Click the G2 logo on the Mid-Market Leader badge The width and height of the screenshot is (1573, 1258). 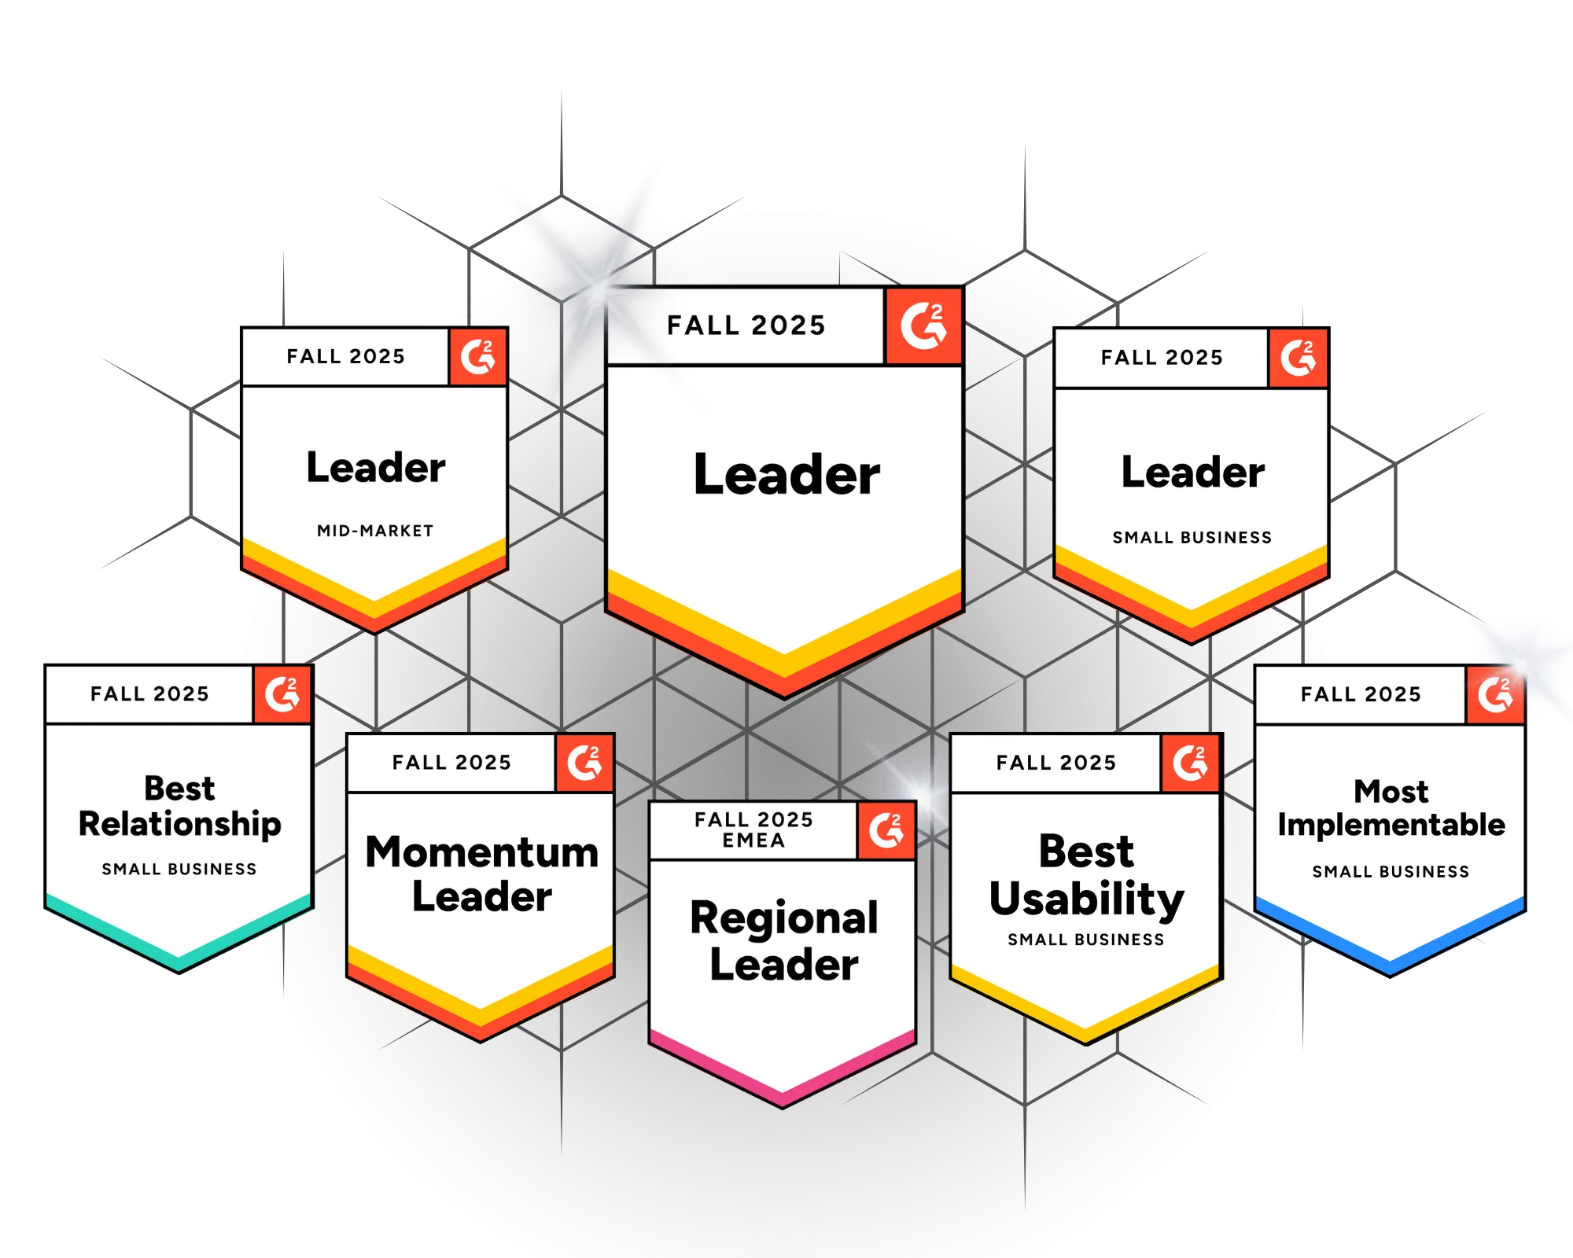pos(477,357)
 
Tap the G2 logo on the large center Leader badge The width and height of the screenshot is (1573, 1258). pos(923,326)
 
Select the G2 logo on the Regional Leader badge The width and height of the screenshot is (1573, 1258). pos(886,830)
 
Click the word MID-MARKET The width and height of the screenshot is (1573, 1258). pos(375,531)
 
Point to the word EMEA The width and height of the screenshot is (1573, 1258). pos(753,841)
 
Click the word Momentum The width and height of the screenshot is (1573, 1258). pos(481,852)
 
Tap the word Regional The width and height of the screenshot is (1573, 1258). pos(783,918)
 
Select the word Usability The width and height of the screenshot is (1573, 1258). pos(1086,899)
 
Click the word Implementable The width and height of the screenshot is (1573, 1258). pos(1391,825)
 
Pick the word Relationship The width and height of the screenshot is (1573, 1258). pos(179,824)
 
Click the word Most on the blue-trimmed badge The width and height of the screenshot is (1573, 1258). pos(1391,791)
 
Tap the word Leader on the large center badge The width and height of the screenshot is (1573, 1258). pos(786,475)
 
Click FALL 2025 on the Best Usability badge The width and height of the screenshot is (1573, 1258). pos(1055,763)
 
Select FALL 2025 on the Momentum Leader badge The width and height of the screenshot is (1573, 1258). pos(451,763)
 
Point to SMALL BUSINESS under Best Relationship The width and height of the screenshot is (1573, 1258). pos(179,869)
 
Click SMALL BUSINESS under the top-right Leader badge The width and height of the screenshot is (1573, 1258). pos(1192,538)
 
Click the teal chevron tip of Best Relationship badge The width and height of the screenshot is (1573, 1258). pos(179,963)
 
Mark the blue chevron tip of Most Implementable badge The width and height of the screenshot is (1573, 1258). pos(1390,966)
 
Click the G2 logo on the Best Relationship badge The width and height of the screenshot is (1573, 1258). pos(282,694)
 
